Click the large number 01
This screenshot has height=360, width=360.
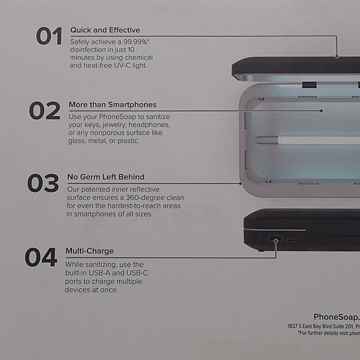[49, 37]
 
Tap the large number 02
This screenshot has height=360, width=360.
[45, 110]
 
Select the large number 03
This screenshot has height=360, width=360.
[43, 184]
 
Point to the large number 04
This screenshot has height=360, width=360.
[41, 257]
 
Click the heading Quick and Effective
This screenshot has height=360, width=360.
[105, 30]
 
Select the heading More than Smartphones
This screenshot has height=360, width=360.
[112, 104]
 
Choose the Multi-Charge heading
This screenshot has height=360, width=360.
[89, 251]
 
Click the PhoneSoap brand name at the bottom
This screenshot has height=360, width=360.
[333, 316]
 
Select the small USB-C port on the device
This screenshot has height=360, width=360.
[291, 240]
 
